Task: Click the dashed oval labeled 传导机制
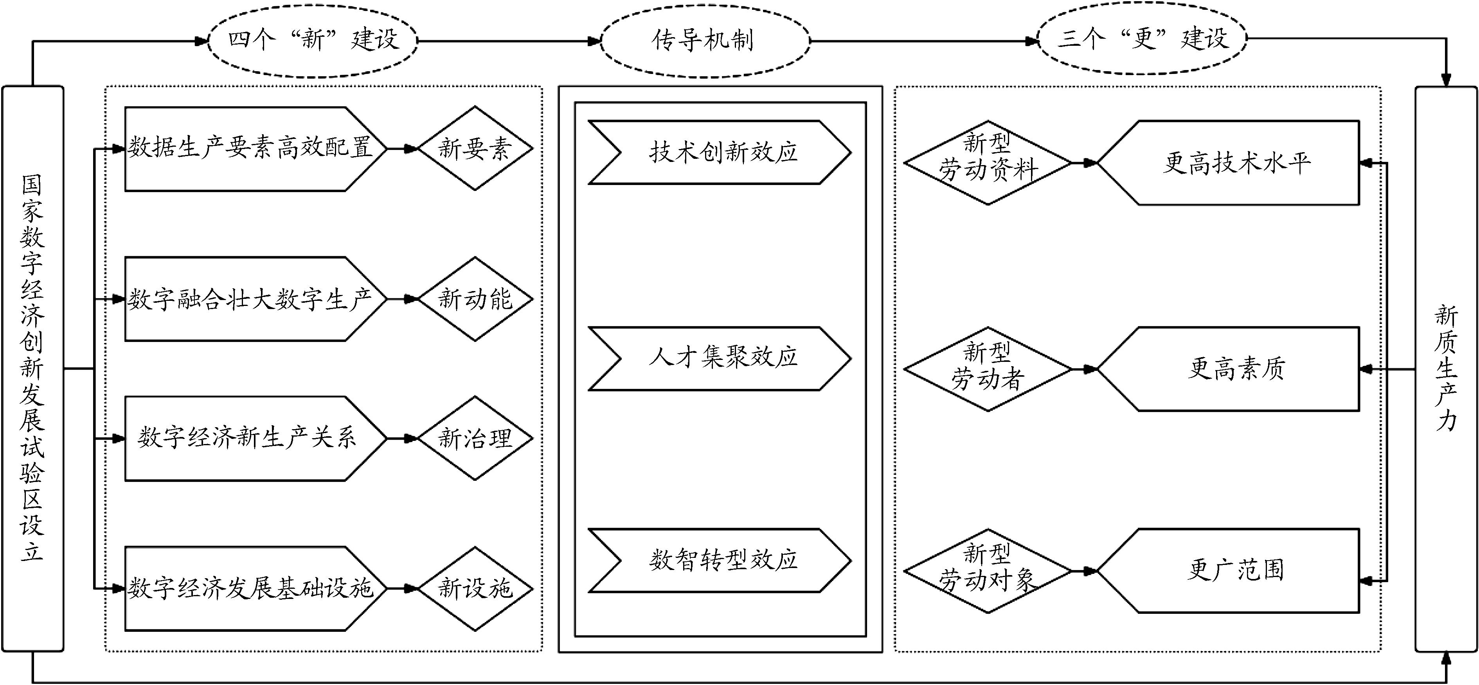coord(704,41)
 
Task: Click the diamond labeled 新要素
coord(475,148)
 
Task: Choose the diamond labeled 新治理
coord(475,439)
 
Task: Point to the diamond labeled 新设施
coord(475,588)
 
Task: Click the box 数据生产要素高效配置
coord(250,149)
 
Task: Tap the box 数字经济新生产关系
coord(250,439)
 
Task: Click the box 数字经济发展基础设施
coord(250,588)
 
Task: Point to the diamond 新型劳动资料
coord(988,162)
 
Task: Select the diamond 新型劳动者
coord(988,369)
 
